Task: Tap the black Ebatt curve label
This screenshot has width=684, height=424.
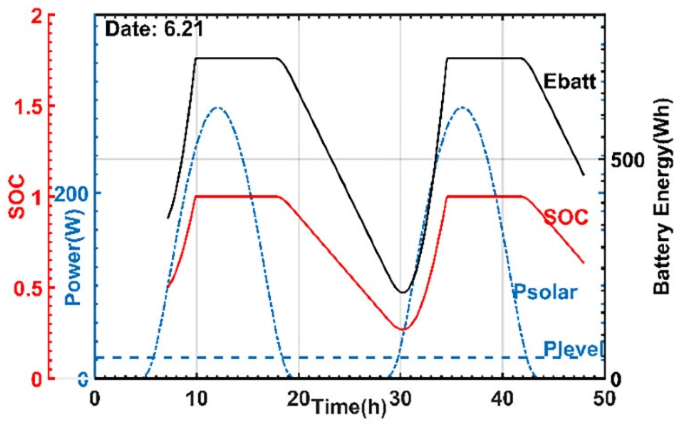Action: coord(570,81)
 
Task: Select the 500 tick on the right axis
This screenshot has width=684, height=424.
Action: coord(628,160)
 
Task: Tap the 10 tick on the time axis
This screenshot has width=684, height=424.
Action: coord(197,398)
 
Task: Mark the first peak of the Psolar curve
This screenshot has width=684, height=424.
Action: coord(217,107)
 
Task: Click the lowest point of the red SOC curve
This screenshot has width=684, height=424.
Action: coord(402,329)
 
